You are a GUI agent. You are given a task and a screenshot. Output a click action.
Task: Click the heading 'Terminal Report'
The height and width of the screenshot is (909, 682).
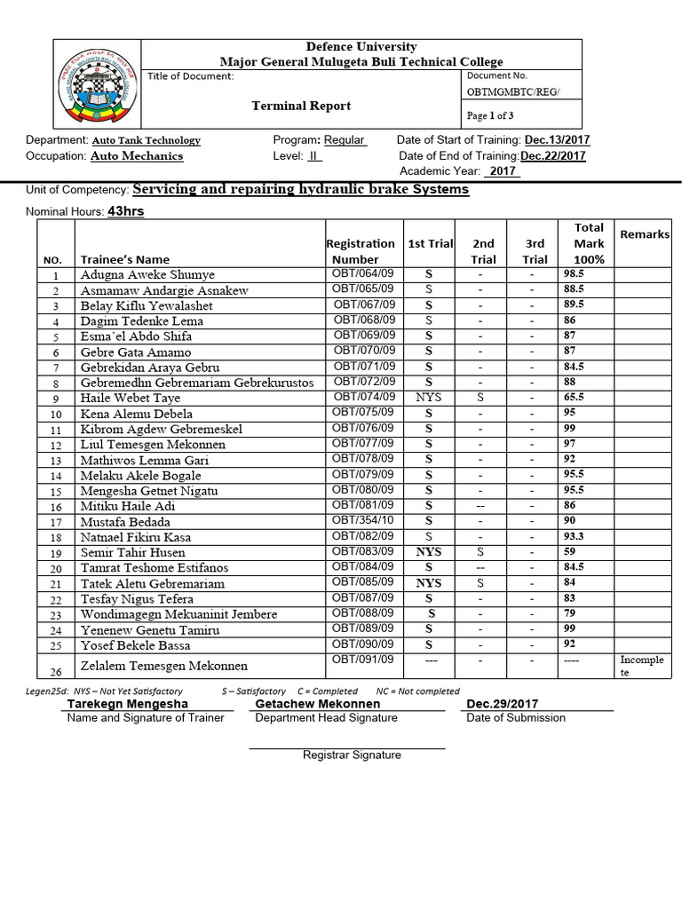tap(302, 106)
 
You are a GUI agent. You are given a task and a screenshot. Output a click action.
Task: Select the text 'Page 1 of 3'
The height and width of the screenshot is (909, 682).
tap(490, 115)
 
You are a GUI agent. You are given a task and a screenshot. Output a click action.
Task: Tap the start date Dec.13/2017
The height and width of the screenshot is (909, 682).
tap(557, 140)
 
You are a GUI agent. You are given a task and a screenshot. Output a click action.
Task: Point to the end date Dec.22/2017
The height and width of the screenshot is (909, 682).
tap(552, 155)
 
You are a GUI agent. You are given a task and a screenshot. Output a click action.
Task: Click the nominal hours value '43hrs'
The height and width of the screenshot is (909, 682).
tap(125, 211)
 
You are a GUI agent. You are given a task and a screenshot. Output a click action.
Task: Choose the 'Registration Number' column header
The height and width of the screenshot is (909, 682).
tap(361, 251)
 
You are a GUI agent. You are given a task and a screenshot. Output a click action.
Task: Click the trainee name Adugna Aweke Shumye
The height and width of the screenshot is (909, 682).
tap(147, 275)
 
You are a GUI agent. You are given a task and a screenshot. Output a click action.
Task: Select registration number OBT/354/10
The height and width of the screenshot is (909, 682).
tap(363, 520)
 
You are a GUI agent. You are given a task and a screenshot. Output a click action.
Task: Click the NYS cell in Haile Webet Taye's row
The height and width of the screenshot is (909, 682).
tap(428, 398)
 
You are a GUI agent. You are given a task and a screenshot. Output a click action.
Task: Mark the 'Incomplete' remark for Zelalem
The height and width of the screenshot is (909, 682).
tap(641, 667)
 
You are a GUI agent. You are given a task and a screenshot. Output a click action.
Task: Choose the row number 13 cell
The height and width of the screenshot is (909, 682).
tap(55, 461)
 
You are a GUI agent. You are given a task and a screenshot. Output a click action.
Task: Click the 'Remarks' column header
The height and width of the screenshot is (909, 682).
tap(645, 234)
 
